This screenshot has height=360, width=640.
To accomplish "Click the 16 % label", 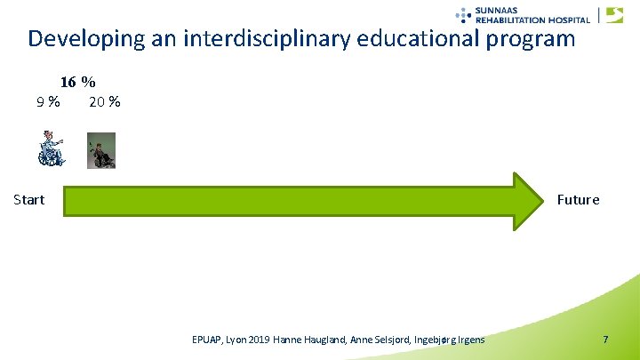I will click(78, 82).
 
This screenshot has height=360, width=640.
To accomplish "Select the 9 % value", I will click(48, 101).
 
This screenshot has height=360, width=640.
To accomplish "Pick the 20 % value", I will click(105, 101).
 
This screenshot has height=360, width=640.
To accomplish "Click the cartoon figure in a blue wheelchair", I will click(51, 148).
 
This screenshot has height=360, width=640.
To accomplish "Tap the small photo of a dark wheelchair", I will click(100, 150).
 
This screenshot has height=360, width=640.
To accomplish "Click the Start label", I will click(29, 199).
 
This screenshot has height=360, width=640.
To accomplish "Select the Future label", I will click(578, 199).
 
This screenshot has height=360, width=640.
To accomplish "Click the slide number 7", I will click(605, 340).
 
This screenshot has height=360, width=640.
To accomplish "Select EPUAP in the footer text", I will click(208, 340).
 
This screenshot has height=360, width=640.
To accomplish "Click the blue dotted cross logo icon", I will click(463, 13).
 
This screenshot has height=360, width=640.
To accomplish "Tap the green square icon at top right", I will click(614, 14).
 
